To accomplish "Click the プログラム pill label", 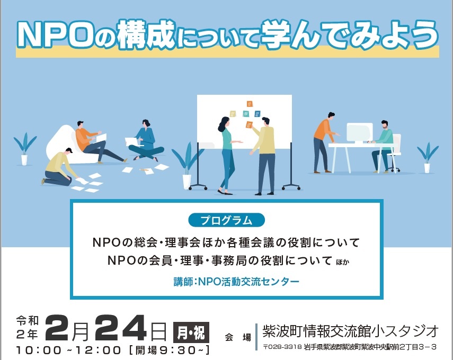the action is (227, 220).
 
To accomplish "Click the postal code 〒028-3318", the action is (282, 347).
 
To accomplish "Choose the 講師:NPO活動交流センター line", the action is (236, 281).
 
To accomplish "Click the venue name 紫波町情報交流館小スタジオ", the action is (350, 331).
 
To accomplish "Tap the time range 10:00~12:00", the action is (68, 350).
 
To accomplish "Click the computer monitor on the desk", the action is (359, 133).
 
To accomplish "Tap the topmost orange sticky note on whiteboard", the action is (250, 104).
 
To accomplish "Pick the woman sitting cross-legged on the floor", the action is (146, 141).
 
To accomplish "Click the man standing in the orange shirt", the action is (325, 142).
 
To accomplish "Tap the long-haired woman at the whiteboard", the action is (227, 155).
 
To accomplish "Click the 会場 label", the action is (238, 337).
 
